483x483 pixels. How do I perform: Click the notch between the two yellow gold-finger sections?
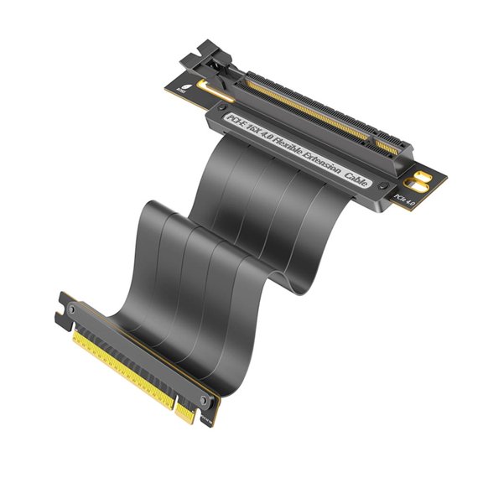tap(174, 401)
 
